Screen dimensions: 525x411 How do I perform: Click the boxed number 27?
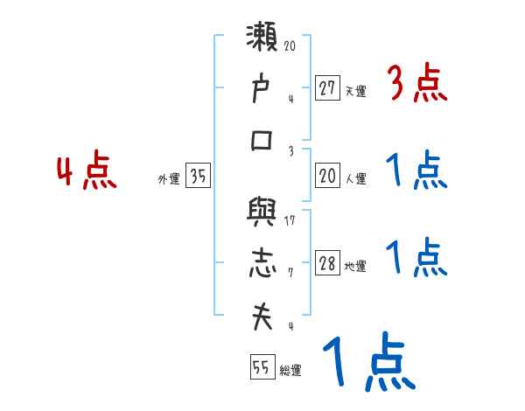pyautogui.click(x=327, y=88)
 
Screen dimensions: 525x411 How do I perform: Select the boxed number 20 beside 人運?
pyautogui.click(x=327, y=177)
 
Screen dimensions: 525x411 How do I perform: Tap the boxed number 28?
pyautogui.click(x=327, y=265)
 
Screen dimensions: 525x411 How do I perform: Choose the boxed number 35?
pyautogui.click(x=198, y=177)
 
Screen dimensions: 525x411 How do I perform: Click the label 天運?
pyautogui.click(x=355, y=91)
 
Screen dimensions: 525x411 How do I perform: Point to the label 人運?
pyautogui.click(x=355, y=179)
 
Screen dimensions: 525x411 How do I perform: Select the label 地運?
pyautogui.click(x=355, y=268)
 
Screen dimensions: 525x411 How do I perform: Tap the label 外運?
pyautogui.click(x=169, y=179)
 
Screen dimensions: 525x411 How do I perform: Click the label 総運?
pyautogui.click(x=290, y=371)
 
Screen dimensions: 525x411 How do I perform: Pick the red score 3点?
pyautogui.click(x=417, y=85)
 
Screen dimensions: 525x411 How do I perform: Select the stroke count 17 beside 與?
pyautogui.click(x=290, y=220)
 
